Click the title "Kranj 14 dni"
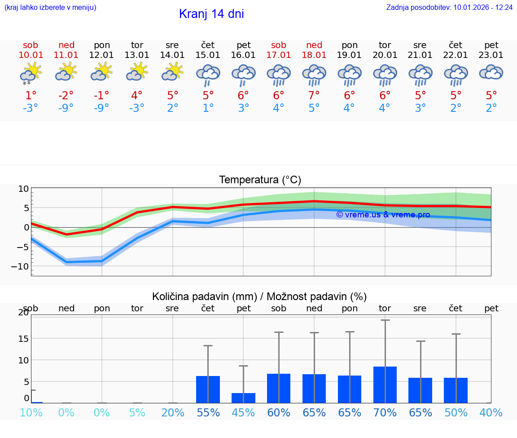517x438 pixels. click(x=211, y=14)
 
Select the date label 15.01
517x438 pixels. click(x=208, y=55)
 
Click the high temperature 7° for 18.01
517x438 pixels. click(x=314, y=95)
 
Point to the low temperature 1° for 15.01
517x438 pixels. click(x=208, y=108)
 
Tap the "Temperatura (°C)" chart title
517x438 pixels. click(x=260, y=180)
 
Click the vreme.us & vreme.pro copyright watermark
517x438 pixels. click(x=383, y=215)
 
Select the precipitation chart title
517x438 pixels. click(x=259, y=296)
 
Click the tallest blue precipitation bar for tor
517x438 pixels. click(x=385, y=385)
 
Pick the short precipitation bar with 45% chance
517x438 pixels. click(x=243, y=398)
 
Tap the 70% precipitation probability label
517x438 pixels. click(x=385, y=413)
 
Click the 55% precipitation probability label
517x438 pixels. click(x=208, y=413)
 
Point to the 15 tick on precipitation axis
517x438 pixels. click(x=23, y=338)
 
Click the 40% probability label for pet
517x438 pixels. click(x=491, y=413)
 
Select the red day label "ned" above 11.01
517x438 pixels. click(x=66, y=45)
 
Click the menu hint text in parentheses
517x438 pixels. click(x=50, y=7)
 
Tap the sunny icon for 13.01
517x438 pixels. click(x=137, y=72)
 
